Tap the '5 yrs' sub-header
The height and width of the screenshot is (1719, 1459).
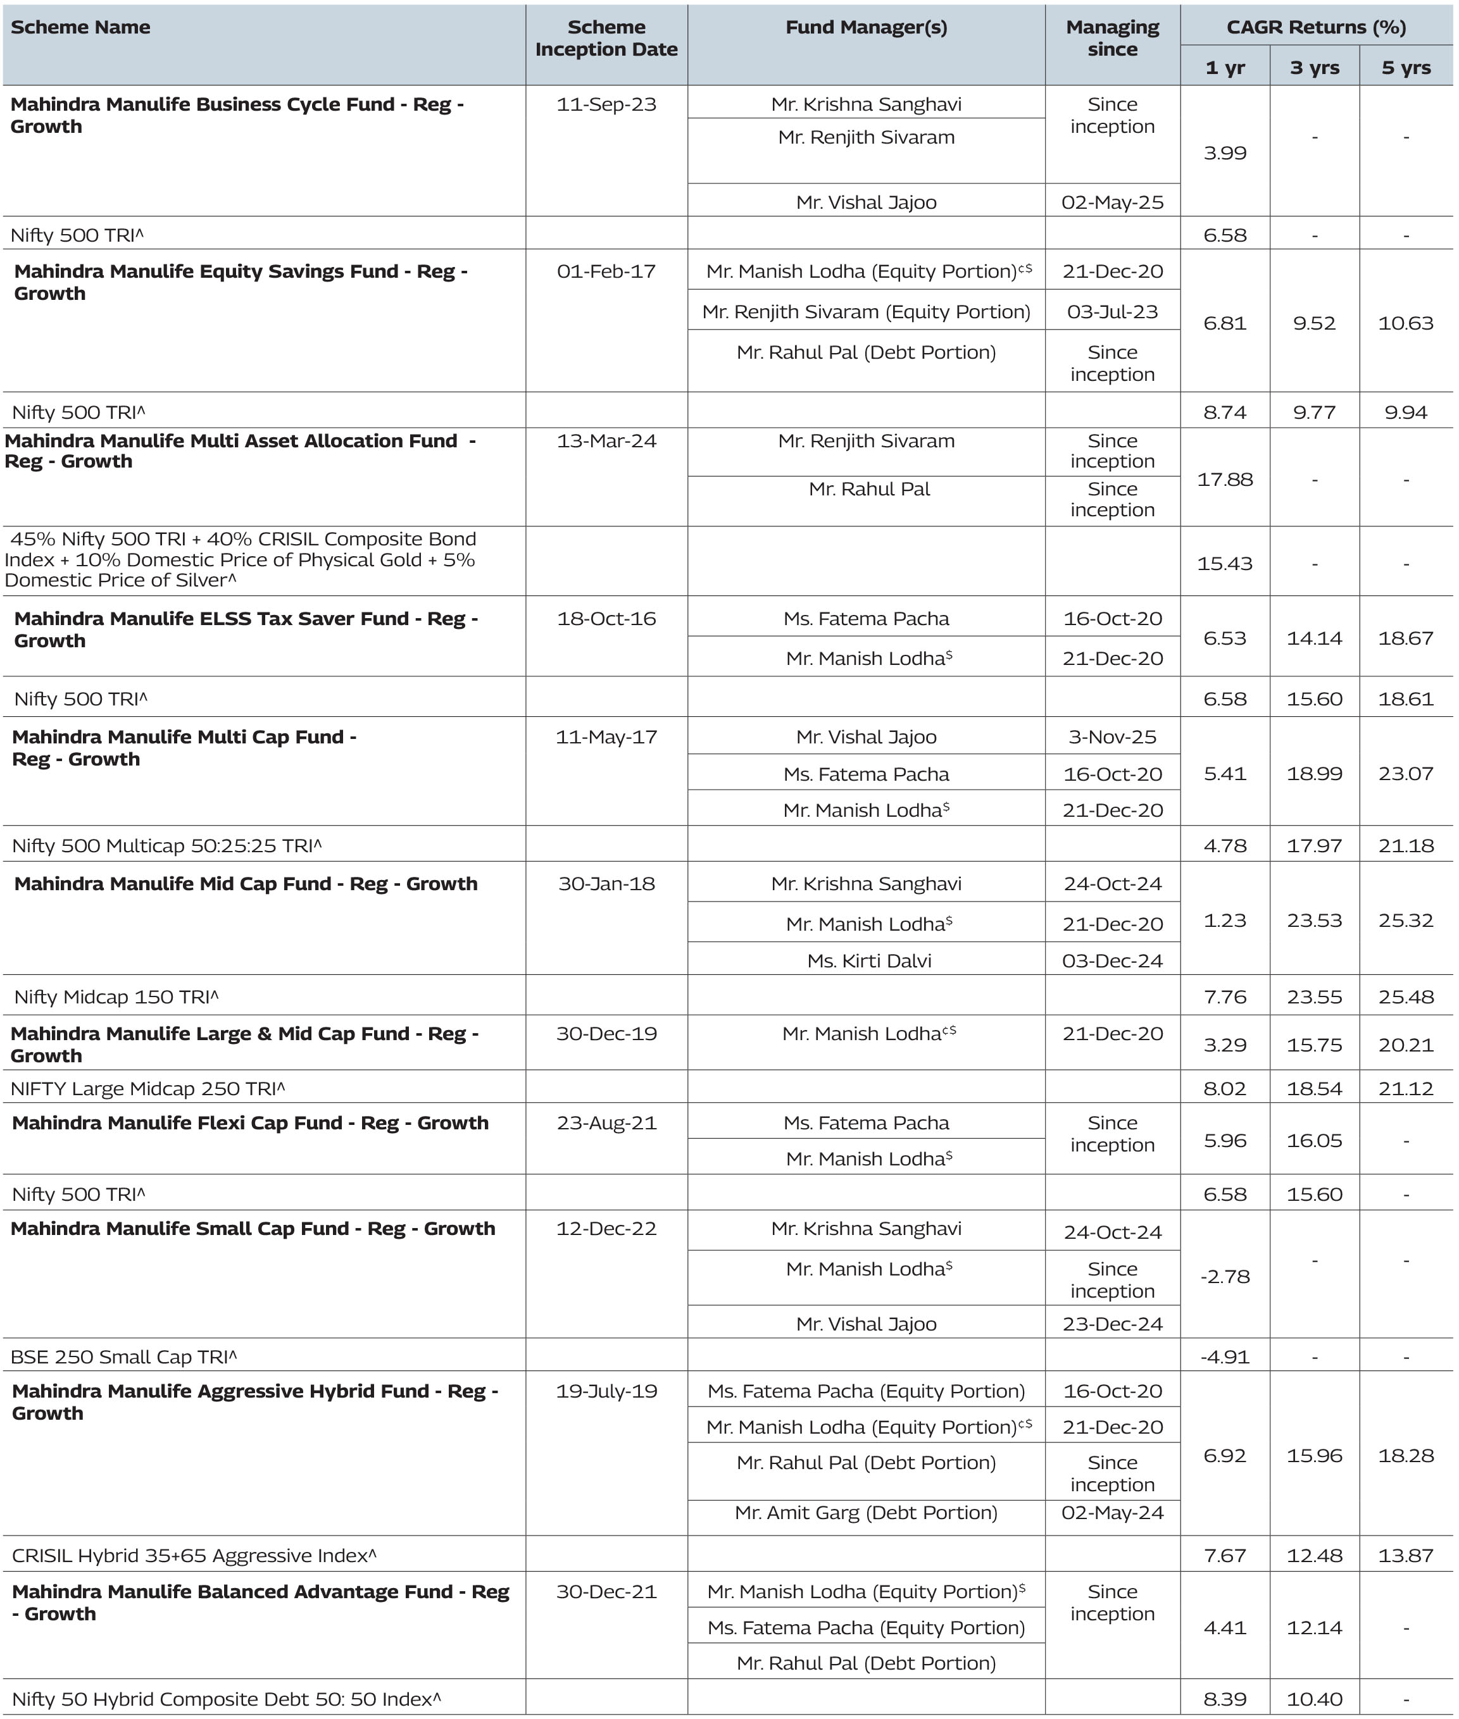coord(1405,68)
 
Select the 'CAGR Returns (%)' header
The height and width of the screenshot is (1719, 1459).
coord(1315,27)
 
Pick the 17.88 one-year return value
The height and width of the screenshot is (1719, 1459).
coord(1224,480)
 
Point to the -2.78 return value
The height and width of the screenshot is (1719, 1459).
coord(1224,1277)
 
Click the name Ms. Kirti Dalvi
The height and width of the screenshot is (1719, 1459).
coord(868,961)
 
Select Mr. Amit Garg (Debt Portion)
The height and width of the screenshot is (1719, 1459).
coord(866,1512)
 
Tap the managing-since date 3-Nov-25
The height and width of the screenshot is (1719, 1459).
coord(1111,736)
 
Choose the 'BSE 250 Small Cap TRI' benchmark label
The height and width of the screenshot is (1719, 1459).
coord(123,1357)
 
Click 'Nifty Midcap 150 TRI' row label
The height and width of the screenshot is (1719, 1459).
coord(116,997)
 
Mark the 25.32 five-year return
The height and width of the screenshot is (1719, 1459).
coord(1405,921)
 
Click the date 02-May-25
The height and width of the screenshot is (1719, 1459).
coord(1111,202)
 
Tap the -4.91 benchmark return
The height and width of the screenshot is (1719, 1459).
coord(1224,1357)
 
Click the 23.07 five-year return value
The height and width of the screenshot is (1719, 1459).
coord(1405,774)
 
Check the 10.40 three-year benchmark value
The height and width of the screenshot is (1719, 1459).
coord(1313,1699)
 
